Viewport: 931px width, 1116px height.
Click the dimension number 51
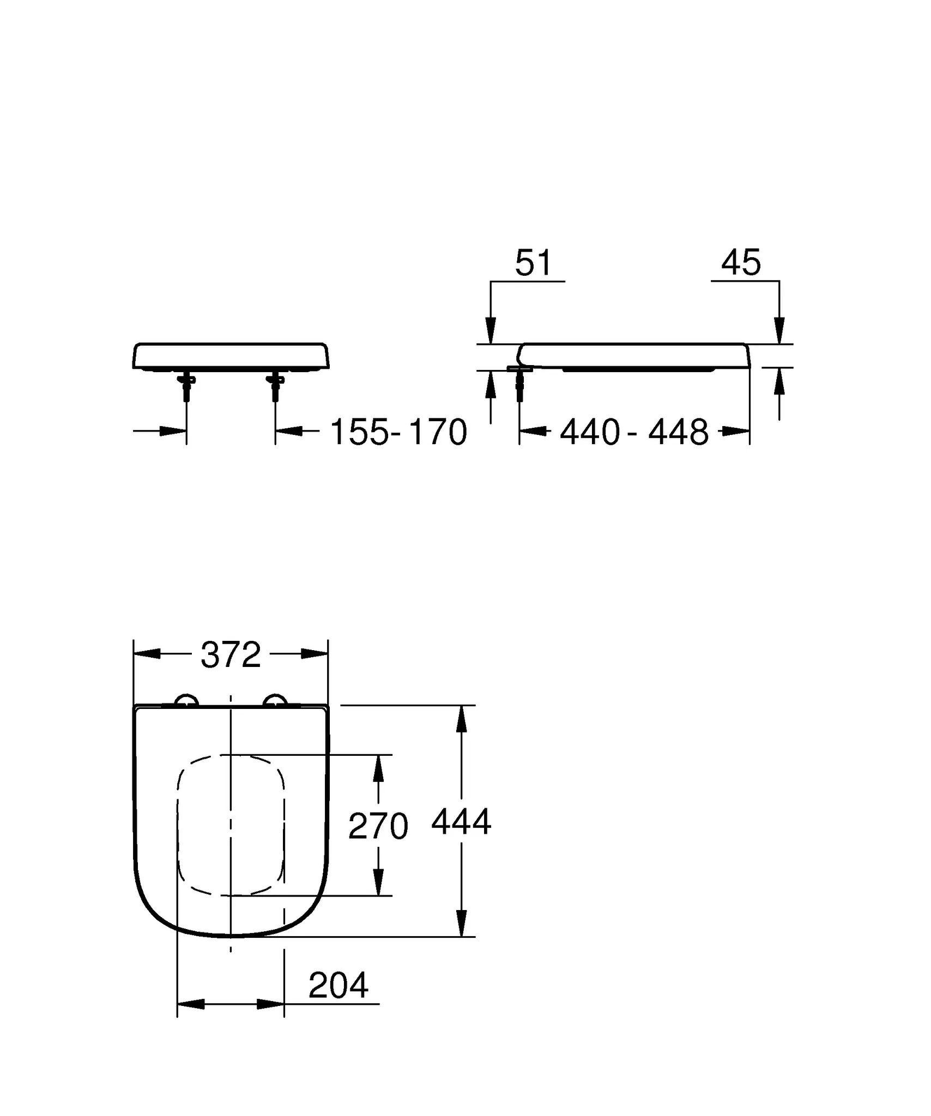[533, 263]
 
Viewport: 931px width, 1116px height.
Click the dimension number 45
[740, 263]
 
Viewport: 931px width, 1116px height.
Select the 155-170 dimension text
[398, 433]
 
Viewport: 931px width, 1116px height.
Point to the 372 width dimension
[231, 655]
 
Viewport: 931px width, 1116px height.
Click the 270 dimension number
[378, 826]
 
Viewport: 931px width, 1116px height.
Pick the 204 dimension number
[338, 985]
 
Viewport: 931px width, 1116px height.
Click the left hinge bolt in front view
[186, 386]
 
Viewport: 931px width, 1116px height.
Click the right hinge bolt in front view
[275, 386]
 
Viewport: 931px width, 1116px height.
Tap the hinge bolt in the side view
[519, 385]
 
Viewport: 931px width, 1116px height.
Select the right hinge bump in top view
[275, 701]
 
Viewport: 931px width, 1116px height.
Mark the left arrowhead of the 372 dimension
[147, 654]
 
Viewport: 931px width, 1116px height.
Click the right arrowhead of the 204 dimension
[271, 1004]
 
